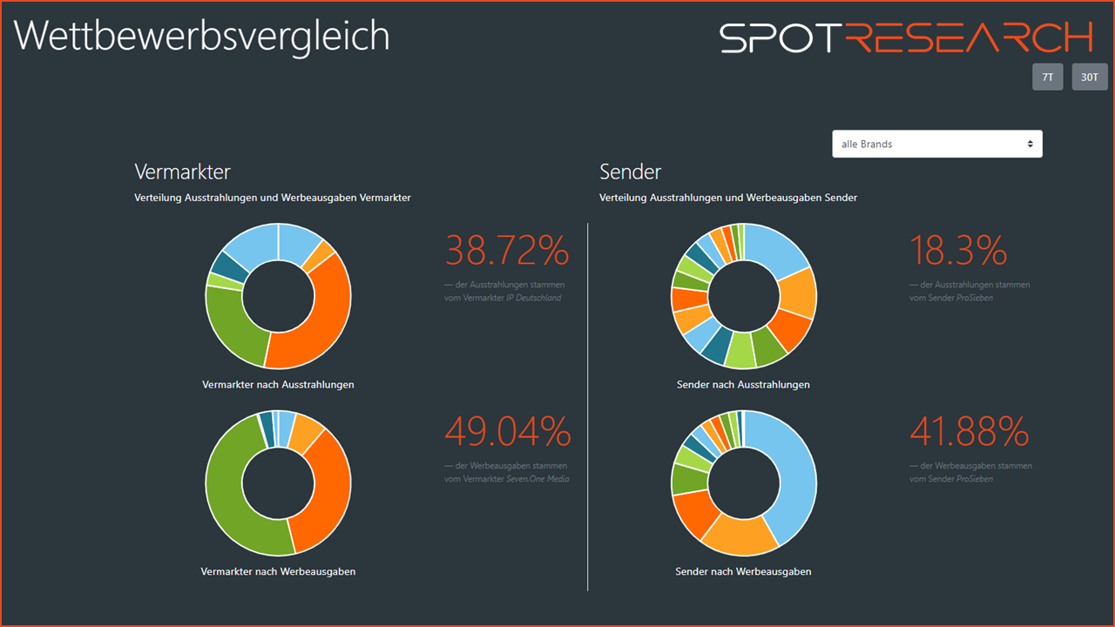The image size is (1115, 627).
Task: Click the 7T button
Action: coord(1047,77)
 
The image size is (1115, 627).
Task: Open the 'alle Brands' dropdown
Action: coord(936,144)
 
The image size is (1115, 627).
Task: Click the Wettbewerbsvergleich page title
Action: coord(202,37)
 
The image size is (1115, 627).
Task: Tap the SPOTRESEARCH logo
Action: coord(906,37)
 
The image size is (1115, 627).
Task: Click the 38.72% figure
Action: coord(507,251)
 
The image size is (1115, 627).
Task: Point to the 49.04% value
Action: coord(508,431)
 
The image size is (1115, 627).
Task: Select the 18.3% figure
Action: coord(958,251)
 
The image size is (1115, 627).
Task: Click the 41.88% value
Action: coord(970,431)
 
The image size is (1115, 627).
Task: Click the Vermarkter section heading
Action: coord(182,172)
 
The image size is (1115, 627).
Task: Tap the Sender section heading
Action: coord(630,172)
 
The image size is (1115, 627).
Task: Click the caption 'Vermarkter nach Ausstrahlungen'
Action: coord(278,384)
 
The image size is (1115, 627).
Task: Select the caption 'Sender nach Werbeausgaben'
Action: coord(743,571)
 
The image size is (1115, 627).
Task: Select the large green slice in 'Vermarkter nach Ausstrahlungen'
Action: coord(231,327)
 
